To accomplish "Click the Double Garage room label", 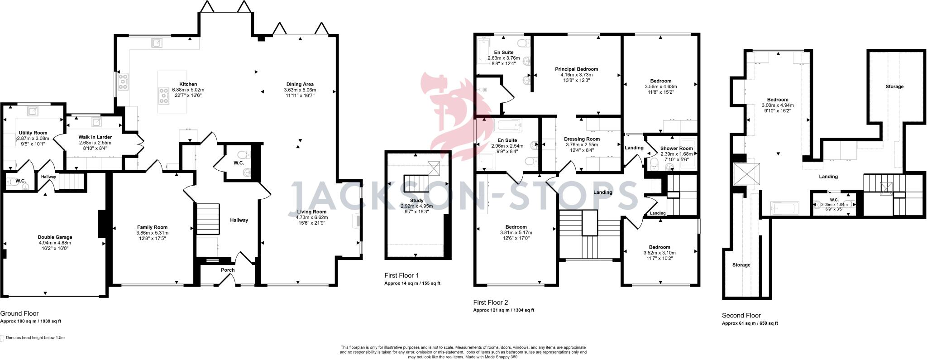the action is (x=55, y=237).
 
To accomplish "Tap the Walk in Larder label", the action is (x=95, y=137).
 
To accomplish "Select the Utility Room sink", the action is (x=33, y=111).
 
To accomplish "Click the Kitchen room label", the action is (x=188, y=84).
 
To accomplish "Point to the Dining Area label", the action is (x=300, y=84).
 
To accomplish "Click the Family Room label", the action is (x=152, y=227).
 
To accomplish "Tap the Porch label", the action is (x=228, y=270).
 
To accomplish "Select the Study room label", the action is (x=417, y=200).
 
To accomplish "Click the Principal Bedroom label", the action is (x=576, y=69).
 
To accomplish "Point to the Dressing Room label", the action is (x=582, y=139).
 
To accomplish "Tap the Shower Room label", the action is (x=676, y=148).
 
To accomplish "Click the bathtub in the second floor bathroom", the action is (x=783, y=208).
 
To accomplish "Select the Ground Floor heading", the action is (x=19, y=313).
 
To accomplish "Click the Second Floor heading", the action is (x=741, y=316).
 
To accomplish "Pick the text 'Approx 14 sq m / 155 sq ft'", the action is (x=412, y=283).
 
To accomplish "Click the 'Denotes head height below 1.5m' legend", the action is (x=35, y=338).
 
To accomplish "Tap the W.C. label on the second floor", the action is (x=834, y=200).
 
